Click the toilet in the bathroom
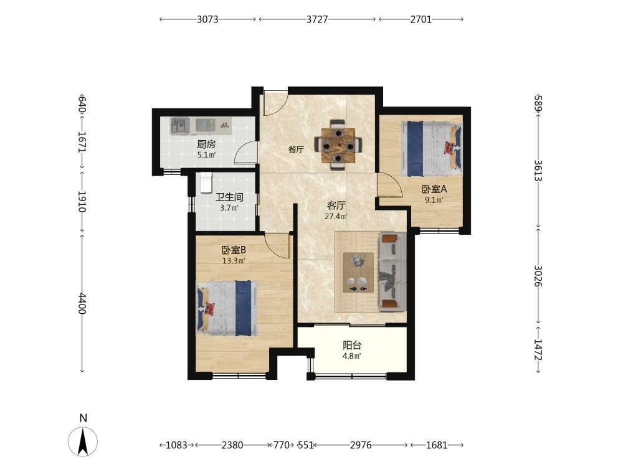click(206, 182)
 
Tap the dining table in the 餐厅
click(338, 145)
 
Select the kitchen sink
click(180, 126)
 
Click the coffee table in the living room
click(358, 273)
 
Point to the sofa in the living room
click(392, 271)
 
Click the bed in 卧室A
click(432, 149)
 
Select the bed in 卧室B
click(227, 308)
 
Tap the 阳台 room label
click(352, 346)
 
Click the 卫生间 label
click(229, 197)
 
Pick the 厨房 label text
click(207, 144)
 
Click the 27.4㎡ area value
click(336, 217)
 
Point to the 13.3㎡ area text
click(234, 261)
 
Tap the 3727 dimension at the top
click(317, 19)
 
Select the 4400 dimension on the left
click(82, 303)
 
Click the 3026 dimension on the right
click(538, 276)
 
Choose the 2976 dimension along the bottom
click(361, 445)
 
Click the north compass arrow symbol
click(83, 441)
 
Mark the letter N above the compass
click(83, 418)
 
